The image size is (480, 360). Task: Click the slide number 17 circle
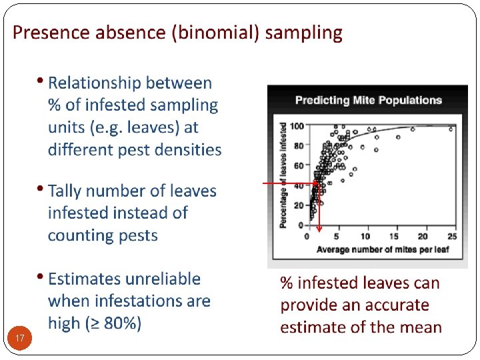[20, 339]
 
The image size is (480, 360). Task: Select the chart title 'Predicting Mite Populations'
[368, 101]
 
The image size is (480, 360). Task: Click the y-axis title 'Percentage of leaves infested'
[283, 175]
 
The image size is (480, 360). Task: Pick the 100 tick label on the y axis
[297, 126]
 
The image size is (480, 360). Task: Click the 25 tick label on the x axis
[453, 237]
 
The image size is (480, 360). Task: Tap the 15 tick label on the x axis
[395, 237]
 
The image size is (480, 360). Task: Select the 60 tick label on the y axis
[299, 165]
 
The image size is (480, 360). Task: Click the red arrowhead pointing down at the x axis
[319, 228]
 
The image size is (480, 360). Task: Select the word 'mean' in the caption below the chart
[421, 327]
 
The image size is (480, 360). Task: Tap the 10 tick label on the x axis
[365, 237]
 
